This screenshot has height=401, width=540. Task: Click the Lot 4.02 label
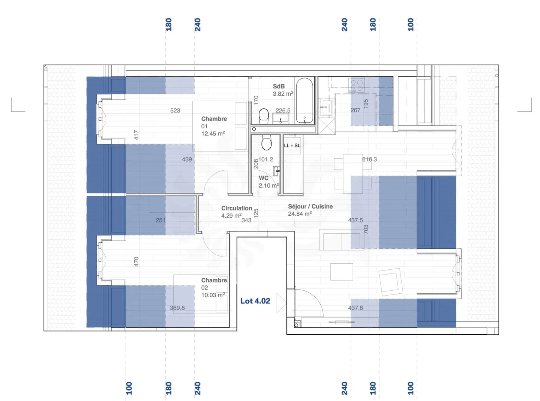[x=255, y=301]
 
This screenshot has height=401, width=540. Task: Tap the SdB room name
[x=279, y=86]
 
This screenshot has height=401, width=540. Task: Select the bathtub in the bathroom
[x=304, y=101]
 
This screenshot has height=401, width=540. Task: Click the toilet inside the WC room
[x=266, y=143]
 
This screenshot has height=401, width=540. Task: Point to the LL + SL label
[x=292, y=146]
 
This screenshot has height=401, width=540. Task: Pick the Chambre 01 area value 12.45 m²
[x=213, y=134]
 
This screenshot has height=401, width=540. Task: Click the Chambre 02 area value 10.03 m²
[x=213, y=295]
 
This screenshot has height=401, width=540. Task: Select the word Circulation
[x=236, y=208]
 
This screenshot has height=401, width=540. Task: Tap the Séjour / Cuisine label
[x=310, y=206]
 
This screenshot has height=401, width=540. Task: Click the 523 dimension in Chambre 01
[x=175, y=111]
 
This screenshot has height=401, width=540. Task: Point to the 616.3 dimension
[x=369, y=159]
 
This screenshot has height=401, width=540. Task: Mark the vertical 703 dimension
[x=366, y=229]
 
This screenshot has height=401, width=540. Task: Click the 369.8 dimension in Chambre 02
[x=177, y=308]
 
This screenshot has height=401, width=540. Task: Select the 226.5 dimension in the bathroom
[x=283, y=111]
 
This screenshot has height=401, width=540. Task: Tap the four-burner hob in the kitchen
[x=356, y=85]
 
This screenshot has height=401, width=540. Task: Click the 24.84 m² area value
[x=300, y=214]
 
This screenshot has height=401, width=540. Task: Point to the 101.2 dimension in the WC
[x=265, y=159]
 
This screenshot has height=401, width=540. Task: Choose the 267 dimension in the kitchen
[x=355, y=110]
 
